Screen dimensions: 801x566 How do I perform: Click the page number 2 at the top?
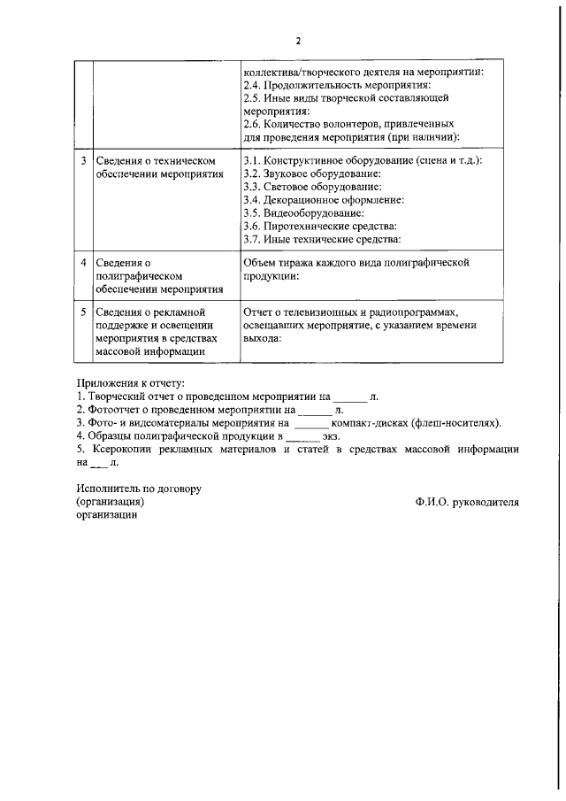point(298,41)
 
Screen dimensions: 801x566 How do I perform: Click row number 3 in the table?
point(83,162)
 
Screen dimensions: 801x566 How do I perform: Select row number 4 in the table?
point(83,263)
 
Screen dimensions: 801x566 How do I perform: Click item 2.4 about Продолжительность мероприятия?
point(336,86)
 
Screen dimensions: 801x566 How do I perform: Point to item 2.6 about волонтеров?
point(348,125)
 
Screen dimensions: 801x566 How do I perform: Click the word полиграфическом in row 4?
point(144,276)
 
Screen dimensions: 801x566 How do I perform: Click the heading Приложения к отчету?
point(131,384)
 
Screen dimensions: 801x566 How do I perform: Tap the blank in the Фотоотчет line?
point(314,411)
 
